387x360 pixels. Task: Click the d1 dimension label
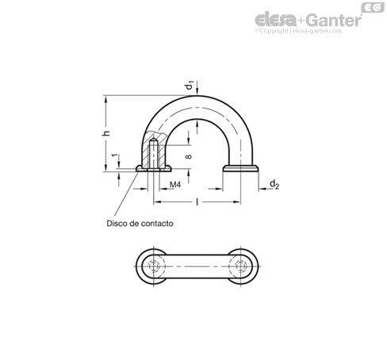point(189,86)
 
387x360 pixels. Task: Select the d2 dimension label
point(274,184)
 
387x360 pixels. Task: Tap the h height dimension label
point(106,133)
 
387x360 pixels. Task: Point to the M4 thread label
point(175,185)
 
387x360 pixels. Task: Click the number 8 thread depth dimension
point(189,156)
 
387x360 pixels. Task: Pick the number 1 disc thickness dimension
point(114,155)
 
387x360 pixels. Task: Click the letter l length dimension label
point(197,202)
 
